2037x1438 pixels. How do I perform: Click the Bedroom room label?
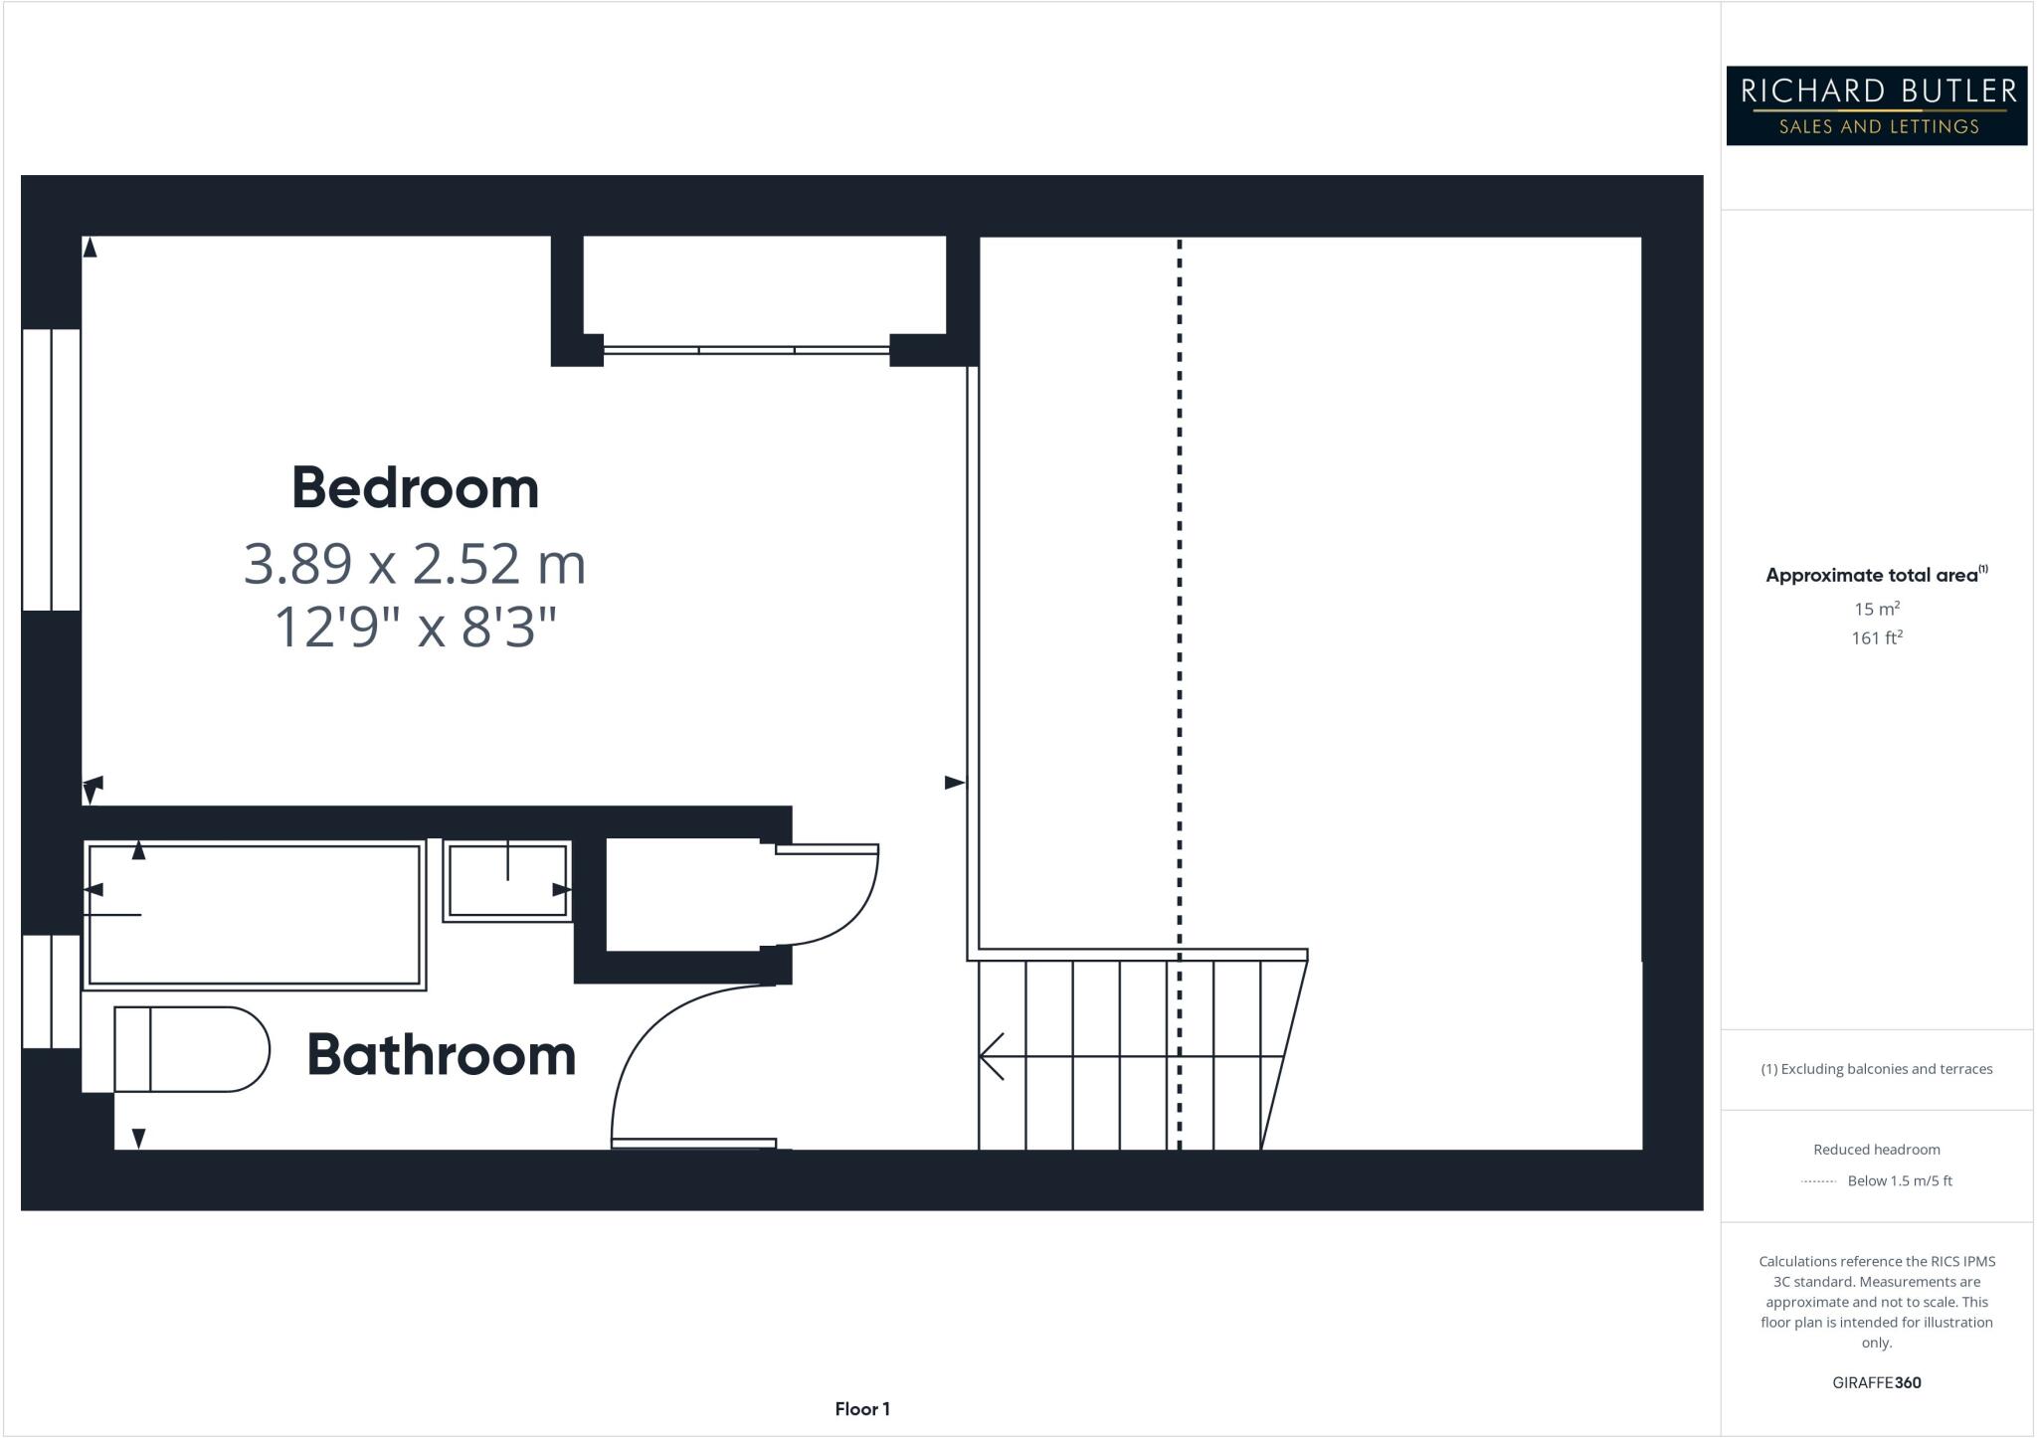coord(415,488)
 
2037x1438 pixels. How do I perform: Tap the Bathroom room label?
coord(441,1055)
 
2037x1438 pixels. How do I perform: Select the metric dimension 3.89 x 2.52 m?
coord(415,564)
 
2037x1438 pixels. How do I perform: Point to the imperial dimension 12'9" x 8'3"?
coord(415,629)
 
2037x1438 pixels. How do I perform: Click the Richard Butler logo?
coord(1876,105)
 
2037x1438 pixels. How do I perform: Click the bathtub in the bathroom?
coord(255,915)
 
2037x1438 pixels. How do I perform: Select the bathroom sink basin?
coord(507,881)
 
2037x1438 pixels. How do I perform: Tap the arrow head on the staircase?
coord(991,1055)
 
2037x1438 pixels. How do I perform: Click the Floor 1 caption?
coord(862,1409)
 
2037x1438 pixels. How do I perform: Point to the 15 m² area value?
coord(1877,609)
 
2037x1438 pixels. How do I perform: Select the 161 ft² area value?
coord(1877,637)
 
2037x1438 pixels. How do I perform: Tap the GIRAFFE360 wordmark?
coord(1877,1382)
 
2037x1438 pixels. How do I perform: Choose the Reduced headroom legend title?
coord(1877,1150)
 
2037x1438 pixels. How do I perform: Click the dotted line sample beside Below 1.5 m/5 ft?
coord(1818,1181)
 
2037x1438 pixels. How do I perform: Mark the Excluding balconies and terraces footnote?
coord(1877,1069)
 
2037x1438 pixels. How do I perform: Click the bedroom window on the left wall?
coord(51,469)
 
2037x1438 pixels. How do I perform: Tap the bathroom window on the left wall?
coord(51,991)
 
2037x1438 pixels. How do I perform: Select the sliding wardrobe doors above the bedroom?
coord(746,350)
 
